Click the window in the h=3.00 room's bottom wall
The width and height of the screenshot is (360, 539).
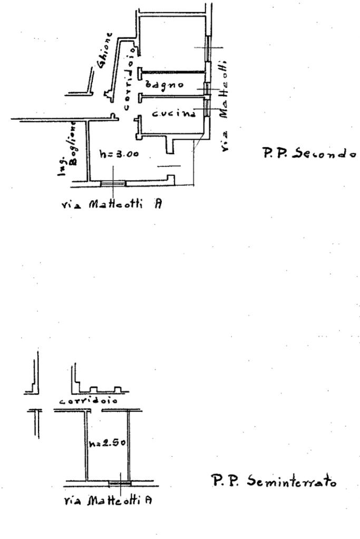(113, 184)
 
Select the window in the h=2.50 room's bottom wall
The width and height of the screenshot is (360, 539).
(119, 483)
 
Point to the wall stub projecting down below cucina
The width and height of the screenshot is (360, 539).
(169, 145)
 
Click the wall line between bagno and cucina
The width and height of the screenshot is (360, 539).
(171, 96)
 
